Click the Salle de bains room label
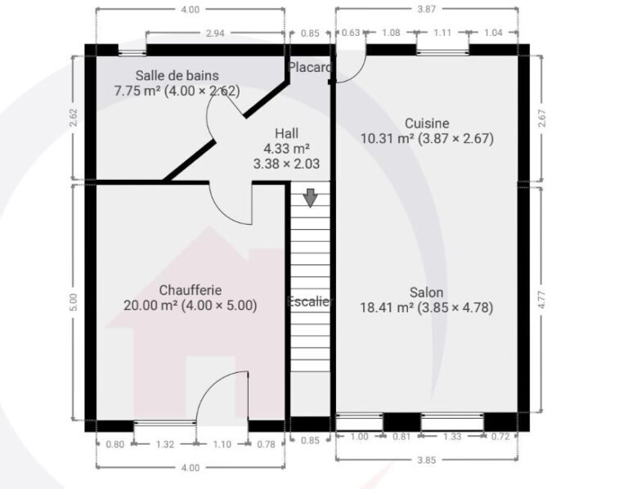click(x=177, y=75)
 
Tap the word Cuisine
click(x=427, y=123)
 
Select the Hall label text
click(x=286, y=132)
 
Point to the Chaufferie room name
click(x=191, y=289)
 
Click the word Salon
click(x=426, y=292)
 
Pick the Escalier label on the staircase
click(x=310, y=301)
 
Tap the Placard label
click(x=309, y=66)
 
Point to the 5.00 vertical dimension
click(x=74, y=302)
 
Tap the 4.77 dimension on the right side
click(x=541, y=299)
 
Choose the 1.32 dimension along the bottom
click(x=164, y=444)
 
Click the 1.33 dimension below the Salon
click(x=451, y=437)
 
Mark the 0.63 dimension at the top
click(x=349, y=34)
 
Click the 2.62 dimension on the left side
click(x=74, y=117)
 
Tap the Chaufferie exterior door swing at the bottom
click(x=222, y=397)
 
